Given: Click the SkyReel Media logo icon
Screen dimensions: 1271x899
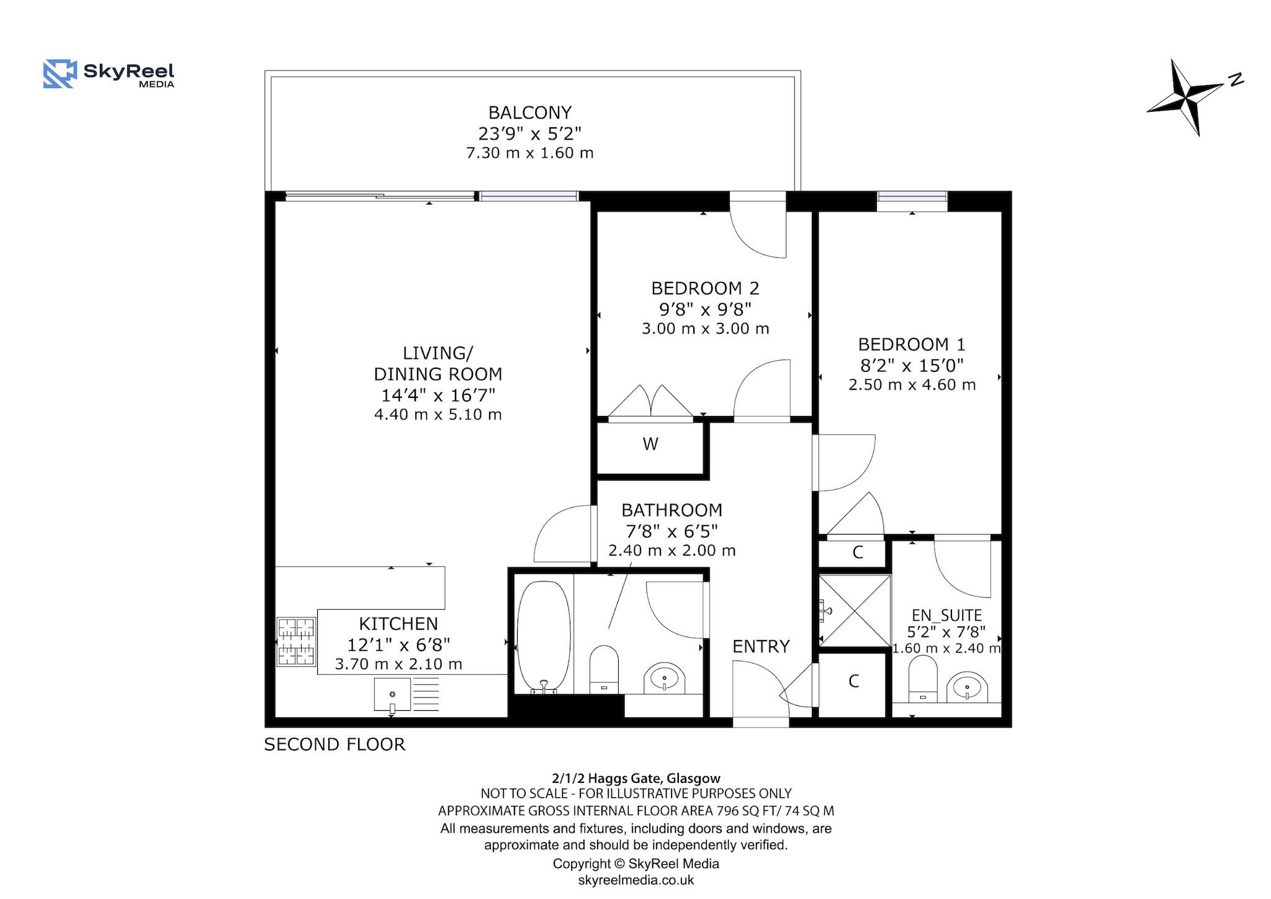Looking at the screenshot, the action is pyautogui.click(x=60, y=74).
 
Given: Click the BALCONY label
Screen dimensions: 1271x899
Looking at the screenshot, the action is pyautogui.click(x=530, y=112).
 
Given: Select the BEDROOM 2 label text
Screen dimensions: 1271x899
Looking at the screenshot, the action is pyautogui.click(x=705, y=288).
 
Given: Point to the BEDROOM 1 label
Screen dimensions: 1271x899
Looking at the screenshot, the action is pyautogui.click(x=912, y=344).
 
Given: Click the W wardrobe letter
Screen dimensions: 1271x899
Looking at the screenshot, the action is pyautogui.click(x=650, y=444).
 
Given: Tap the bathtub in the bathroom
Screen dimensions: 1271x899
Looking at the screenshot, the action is pyautogui.click(x=544, y=637).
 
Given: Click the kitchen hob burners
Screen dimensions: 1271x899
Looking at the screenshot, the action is pyautogui.click(x=296, y=641).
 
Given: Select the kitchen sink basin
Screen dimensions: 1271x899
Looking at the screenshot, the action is pyautogui.click(x=392, y=695).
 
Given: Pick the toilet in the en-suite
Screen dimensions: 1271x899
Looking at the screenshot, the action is pyautogui.click(x=922, y=680).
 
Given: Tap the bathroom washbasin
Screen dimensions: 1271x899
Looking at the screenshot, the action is pyautogui.click(x=664, y=678).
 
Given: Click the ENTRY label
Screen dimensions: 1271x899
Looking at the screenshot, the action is pyautogui.click(x=761, y=646).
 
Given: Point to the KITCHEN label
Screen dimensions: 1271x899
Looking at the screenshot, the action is pyautogui.click(x=398, y=623).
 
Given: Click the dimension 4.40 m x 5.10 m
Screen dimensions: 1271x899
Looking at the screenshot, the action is pyautogui.click(x=438, y=415).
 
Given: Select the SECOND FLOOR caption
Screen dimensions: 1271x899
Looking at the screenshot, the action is pyautogui.click(x=335, y=744).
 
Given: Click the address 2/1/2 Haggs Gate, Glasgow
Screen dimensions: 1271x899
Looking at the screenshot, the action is pyautogui.click(x=636, y=778).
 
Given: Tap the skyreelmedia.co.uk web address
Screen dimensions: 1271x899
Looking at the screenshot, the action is pyautogui.click(x=636, y=880).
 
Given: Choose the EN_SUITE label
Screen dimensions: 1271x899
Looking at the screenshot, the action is pyautogui.click(x=946, y=615).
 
